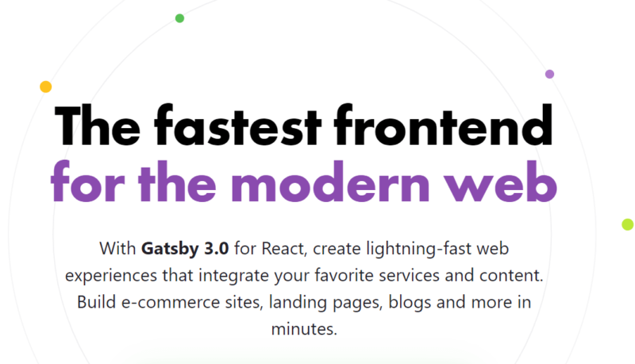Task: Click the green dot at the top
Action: click(x=179, y=18)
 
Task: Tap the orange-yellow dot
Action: click(x=46, y=87)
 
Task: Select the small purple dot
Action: click(x=549, y=74)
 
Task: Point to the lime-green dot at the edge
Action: click(x=628, y=224)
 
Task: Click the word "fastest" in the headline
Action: click(x=237, y=126)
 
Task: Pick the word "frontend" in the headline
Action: click(x=444, y=126)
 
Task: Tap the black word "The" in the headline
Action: click(x=97, y=126)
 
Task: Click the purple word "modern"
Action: click(x=330, y=181)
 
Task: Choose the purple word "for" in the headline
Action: click(x=87, y=181)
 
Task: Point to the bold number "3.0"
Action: click(x=216, y=249)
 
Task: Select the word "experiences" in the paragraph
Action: click(x=111, y=276)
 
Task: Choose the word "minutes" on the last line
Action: click(x=303, y=329)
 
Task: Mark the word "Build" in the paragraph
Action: click(x=96, y=302)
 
